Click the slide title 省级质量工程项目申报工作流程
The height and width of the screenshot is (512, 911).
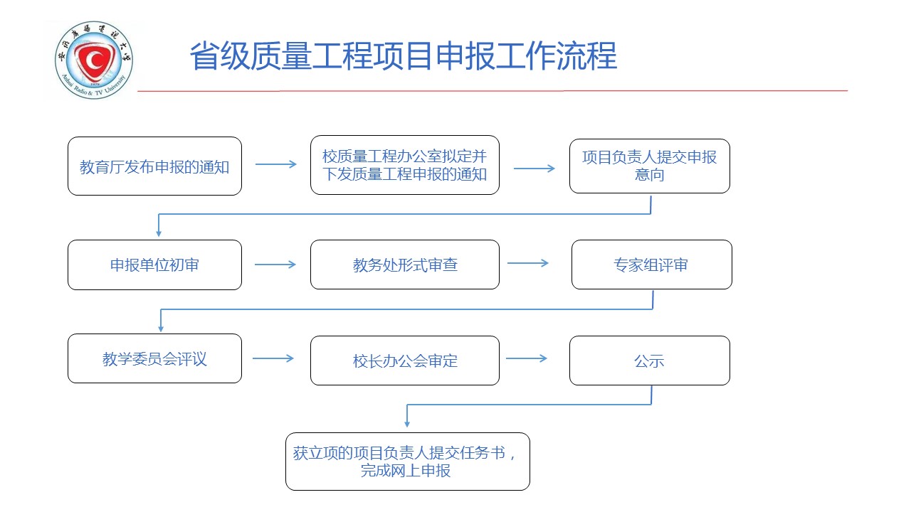point(403,56)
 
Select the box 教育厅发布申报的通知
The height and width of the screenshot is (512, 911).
point(154,166)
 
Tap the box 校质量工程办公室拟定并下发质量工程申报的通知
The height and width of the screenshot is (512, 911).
point(404,165)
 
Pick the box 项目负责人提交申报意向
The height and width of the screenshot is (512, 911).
point(649,166)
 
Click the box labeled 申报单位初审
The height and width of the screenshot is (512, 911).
point(154,265)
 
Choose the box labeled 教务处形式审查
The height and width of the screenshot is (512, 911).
point(404,265)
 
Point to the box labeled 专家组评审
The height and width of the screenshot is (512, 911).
point(651,265)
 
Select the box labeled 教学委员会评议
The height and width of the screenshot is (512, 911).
point(154,358)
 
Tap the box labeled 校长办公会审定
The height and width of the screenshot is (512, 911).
point(404,361)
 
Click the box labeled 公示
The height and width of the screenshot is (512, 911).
point(649,361)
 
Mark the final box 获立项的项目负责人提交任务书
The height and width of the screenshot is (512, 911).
point(407,462)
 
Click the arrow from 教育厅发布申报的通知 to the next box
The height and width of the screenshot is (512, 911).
point(275,164)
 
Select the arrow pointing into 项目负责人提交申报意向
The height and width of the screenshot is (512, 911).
point(534,169)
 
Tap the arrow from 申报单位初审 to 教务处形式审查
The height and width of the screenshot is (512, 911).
point(275,265)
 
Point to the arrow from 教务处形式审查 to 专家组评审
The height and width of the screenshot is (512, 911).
point(528,263)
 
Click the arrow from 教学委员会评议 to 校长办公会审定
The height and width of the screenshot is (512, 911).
point(273,358)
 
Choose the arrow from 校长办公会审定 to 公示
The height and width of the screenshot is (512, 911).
point(526,358)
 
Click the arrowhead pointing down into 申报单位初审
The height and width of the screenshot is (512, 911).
point(159,232)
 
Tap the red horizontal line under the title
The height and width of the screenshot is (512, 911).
point(491,91)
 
